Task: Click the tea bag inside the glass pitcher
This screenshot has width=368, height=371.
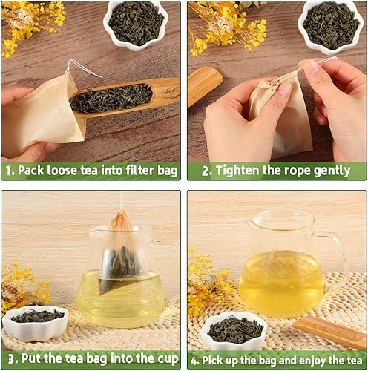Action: pyautogui.click(x=118, y=252)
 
